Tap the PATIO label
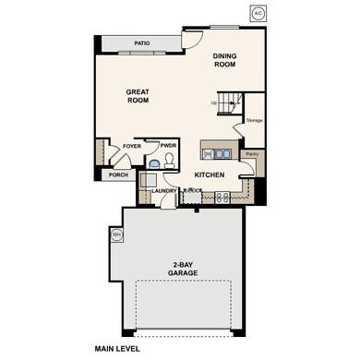pyautogui.click(x=142, y=43)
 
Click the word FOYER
pyautogui.click(x=132, y=145)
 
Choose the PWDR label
pyautogui.click(x=167, y=145)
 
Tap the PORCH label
pyautogui.click(x=118, y=174)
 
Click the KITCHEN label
pyautogui.click(x=210, y=174)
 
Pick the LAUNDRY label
pyautogui.click(x=164, y=191)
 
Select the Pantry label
pyautogui.click(x=251, y=154)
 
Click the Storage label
pyautogui.click(x=254, y=119)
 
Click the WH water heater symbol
pyautogui.click(x=117, y=235)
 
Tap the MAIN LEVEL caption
pyautogui.click(x=123, y=349)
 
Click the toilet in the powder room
pyautogui.click(x=155, y=162)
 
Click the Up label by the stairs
pyautogui.click(x=214, y=102)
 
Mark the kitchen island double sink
pyautogui.click(x=209, y=152)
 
